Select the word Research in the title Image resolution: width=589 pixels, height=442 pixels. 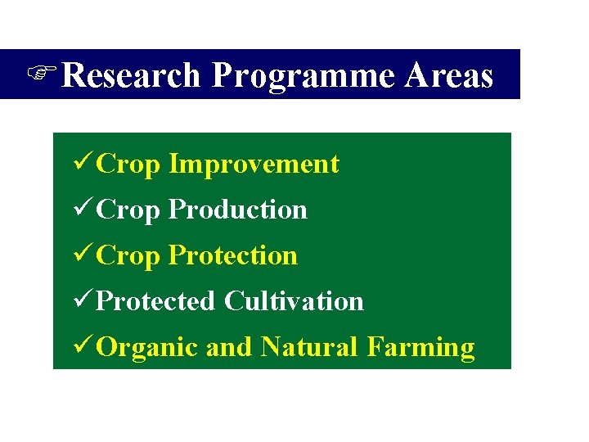tap(131, 75)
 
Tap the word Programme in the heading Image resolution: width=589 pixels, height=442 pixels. tap(303, 76)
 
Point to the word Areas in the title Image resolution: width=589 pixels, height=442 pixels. tap(449, 75)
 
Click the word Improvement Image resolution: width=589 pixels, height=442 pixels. tap(254, 164)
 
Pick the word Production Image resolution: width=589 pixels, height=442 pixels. tap(237, 210)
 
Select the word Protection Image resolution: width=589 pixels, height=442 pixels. tap(232, 255)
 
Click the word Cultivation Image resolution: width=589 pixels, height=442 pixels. tap(294, 301)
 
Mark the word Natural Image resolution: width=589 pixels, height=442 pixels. tap(309, 347)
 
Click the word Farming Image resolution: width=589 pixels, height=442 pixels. tap(420, 348)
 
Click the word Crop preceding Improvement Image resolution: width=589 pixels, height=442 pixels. tap(128, 165)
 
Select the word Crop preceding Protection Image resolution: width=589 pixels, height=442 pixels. tap(128, 256)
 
